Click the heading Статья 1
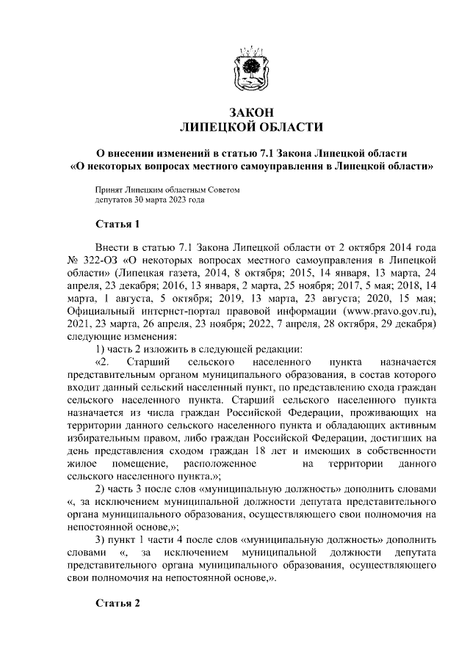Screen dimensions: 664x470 [117, 223]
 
